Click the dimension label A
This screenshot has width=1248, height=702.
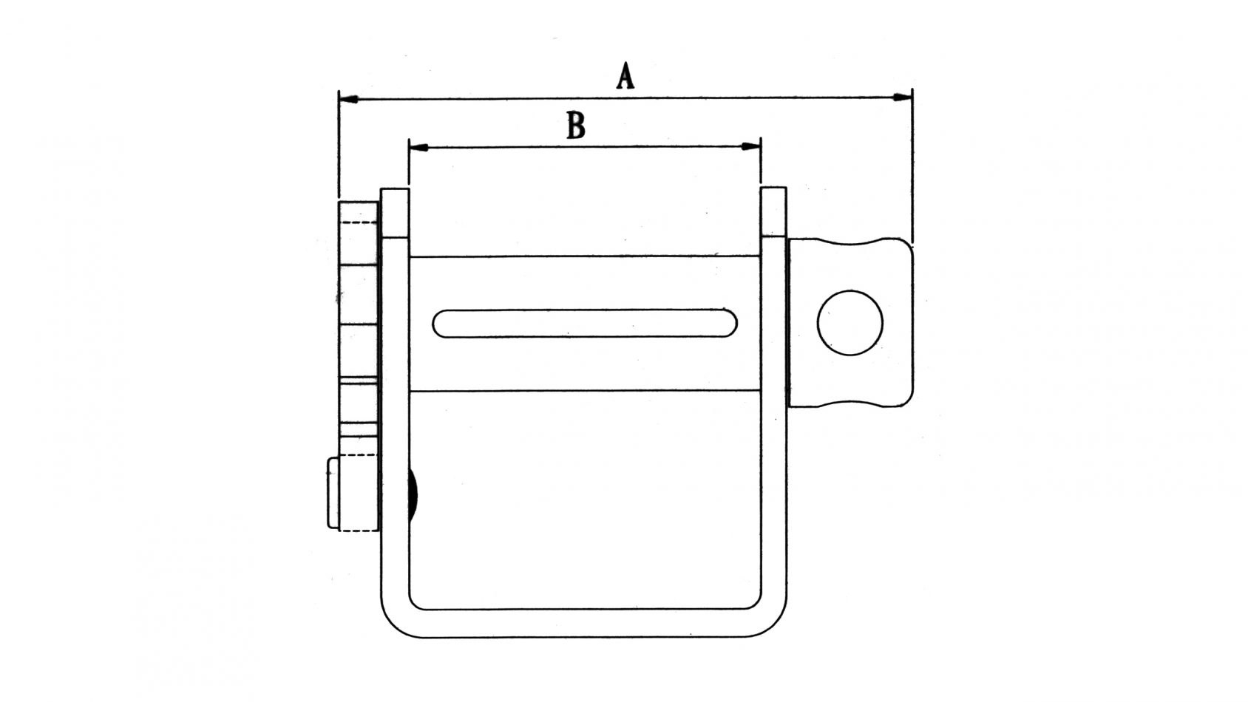[625, 77]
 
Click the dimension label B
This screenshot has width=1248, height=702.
[575, 126]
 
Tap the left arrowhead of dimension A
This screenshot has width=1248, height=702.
[348, 98]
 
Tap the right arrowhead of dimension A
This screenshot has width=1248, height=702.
[901, 98]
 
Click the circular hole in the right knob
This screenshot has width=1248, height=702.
[849, 322]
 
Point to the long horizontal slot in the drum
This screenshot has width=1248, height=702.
[585, 323]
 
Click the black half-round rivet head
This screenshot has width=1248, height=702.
[413, 494]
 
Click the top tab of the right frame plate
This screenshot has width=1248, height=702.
[773, 212]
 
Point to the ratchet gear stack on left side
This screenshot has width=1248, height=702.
[359, 325]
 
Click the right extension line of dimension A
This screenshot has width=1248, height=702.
[912, 170]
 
